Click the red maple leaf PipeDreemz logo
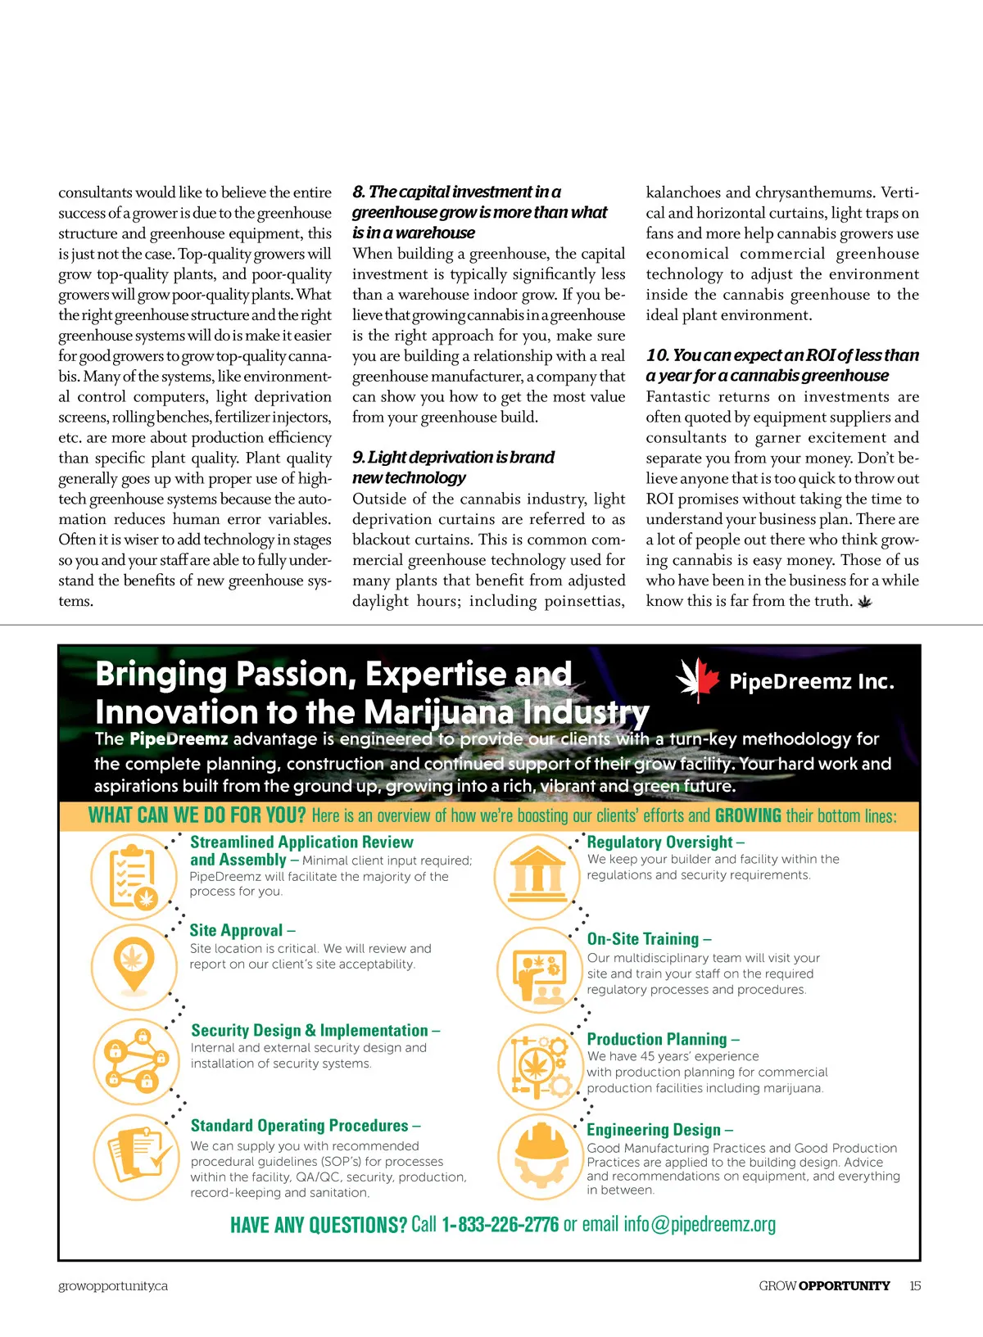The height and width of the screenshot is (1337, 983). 697,680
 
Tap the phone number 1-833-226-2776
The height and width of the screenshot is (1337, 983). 500,1225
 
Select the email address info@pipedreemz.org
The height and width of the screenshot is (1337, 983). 699,1225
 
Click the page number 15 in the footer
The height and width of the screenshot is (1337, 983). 915,1286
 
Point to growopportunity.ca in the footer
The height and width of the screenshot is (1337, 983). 113,1286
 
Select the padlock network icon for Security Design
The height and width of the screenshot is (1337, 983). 134,1061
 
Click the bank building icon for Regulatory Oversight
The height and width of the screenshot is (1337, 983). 537,875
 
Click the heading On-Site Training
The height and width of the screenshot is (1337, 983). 643,939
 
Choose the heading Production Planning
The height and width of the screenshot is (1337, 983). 657,1039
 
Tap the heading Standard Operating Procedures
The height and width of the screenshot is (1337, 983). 300,1126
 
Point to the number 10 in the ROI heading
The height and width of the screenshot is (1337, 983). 657,355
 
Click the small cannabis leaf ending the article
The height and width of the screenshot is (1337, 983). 864,603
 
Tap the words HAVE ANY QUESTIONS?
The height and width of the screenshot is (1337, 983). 318,1226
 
